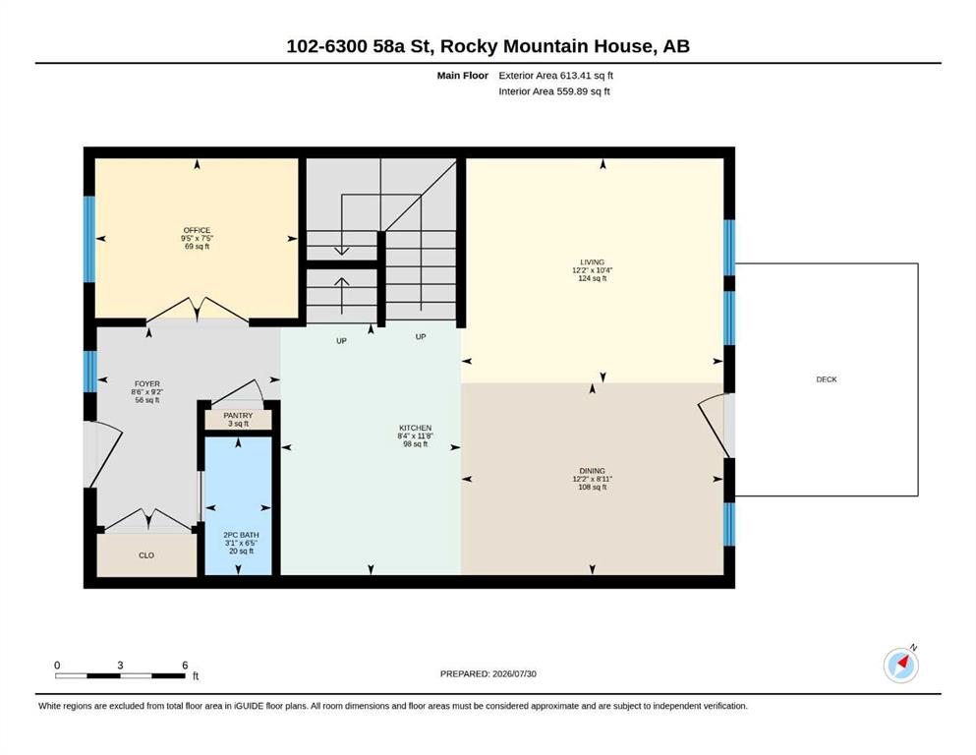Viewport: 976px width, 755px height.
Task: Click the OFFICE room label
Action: (197, 230)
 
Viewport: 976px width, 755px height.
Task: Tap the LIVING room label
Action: (592, 262)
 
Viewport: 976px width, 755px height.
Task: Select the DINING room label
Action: (592, 471)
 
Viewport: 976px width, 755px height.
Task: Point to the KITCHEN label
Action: (415, 429)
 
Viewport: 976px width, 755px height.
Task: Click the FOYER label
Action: (147, 384)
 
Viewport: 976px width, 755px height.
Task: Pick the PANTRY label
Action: (239, 415)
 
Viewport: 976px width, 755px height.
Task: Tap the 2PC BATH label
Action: (241, 535)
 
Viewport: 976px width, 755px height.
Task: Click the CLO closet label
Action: (146, 555)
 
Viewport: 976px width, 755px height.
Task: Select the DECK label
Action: (827, 379)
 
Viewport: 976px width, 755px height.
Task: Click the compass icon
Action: (901, 665)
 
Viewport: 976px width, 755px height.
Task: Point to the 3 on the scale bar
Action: (120, 666)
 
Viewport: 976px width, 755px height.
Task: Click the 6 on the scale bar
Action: (185, 666)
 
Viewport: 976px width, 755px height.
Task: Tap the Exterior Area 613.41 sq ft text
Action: (556, 76)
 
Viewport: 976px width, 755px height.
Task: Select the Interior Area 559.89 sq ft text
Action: (554, 90)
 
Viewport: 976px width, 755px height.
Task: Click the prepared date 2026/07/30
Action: (514, 673)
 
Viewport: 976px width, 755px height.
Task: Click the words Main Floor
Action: (463, 76)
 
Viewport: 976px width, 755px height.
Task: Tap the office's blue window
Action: (89, 239)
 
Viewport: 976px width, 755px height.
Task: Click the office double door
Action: (198, 310)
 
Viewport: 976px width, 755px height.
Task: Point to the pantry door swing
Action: (239, 391)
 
